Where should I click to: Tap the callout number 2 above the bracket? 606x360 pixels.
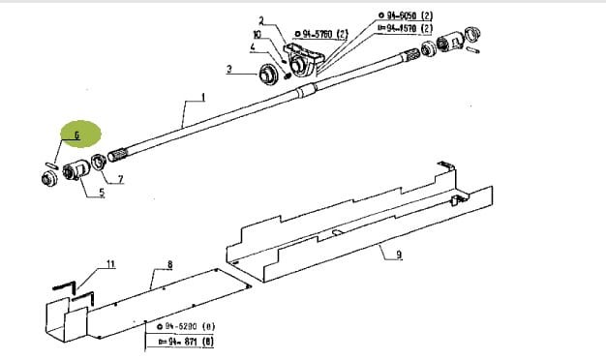click(x=260, y=21)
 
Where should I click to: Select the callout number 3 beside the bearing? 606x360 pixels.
click(x=228, y=69)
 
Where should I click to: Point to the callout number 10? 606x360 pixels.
click(x=258, y=34)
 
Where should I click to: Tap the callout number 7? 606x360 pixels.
click(x=120, y=180)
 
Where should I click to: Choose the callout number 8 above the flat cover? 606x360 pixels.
click(x=169, y=264)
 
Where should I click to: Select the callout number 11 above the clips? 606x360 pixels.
click(x=110, y=263)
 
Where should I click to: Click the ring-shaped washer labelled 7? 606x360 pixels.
click(x=99, y=163)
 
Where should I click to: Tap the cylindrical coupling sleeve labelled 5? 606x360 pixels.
click(x=76, y=173)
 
